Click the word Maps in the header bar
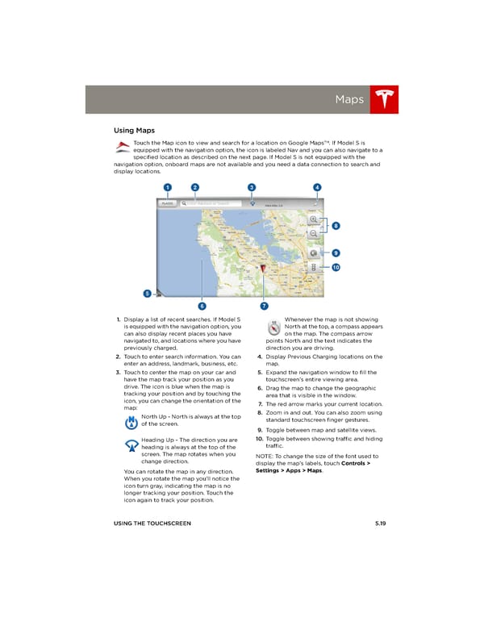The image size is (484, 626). pyautogui.click(x=349, y=100)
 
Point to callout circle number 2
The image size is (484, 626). pyautogui.click(x=195, y=188)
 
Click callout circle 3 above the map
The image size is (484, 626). pyautogui.click(x=252, y=188)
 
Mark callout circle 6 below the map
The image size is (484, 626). pyautogui.click(x=201, y=306)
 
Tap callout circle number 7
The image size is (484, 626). pyautogui.click(x=264, y=306)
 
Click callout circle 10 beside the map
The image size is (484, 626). pyautogui.click(x=335, y=267)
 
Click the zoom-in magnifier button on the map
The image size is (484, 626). pyautogui.click(x=313, y=219)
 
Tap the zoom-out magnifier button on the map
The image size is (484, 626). pyautogui.click(x=313, y=233)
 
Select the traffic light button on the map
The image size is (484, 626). pyautogui.click(x=313, y=265)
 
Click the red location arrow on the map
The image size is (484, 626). pyautogui.click(x=263, y=269)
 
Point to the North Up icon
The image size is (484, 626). pyautogui.click(x=131, y=421)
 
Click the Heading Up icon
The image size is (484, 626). pyautogui.click(x=131, y=448)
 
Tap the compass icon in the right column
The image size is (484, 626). pyautogui.click(x=273, y=327)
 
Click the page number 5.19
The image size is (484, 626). pyautogui.click(x=381, y=524)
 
